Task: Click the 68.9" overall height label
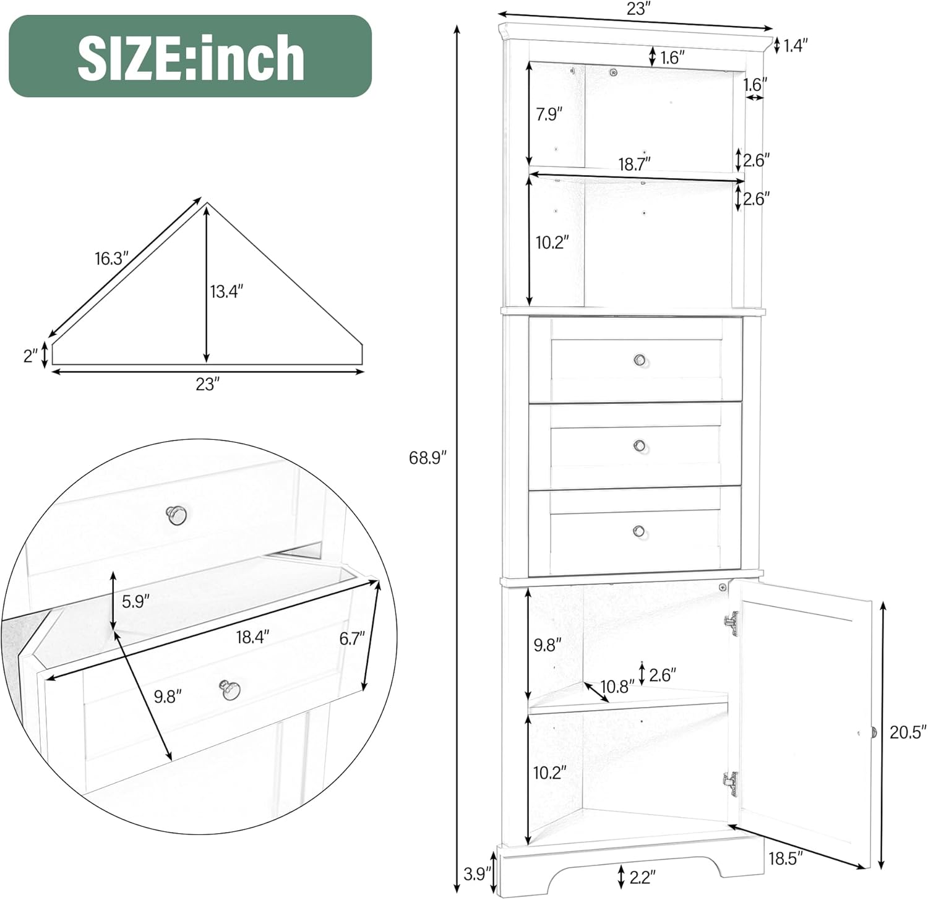click(427, 458)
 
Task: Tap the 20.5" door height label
click(908, 732)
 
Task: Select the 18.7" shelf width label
click(634, 165)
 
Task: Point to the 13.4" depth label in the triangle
click(226, 291)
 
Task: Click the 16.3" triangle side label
click(111, 259)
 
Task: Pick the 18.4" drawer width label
click(252, 636)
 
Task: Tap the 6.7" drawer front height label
click(352, 638)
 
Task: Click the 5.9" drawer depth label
click(135, 601)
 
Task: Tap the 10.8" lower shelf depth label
click(618, 687)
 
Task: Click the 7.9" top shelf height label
click(549, 114)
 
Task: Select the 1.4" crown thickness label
click(796, 45)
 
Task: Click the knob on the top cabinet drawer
click(640, 360)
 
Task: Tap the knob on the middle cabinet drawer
click(640, 445)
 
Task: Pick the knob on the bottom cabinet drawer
click(639, 531)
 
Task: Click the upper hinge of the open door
click(732, 623)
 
